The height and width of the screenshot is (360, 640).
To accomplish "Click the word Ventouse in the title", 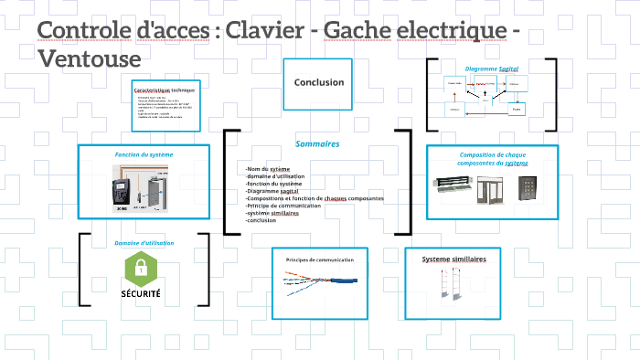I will click(90, 58).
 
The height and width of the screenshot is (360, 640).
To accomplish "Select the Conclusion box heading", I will click(318, 82).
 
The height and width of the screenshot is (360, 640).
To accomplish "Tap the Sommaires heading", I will click(317, 143).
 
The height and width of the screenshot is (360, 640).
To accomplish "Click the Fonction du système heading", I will click(144, 154).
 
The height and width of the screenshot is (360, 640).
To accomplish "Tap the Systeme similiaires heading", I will click(453, 259).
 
